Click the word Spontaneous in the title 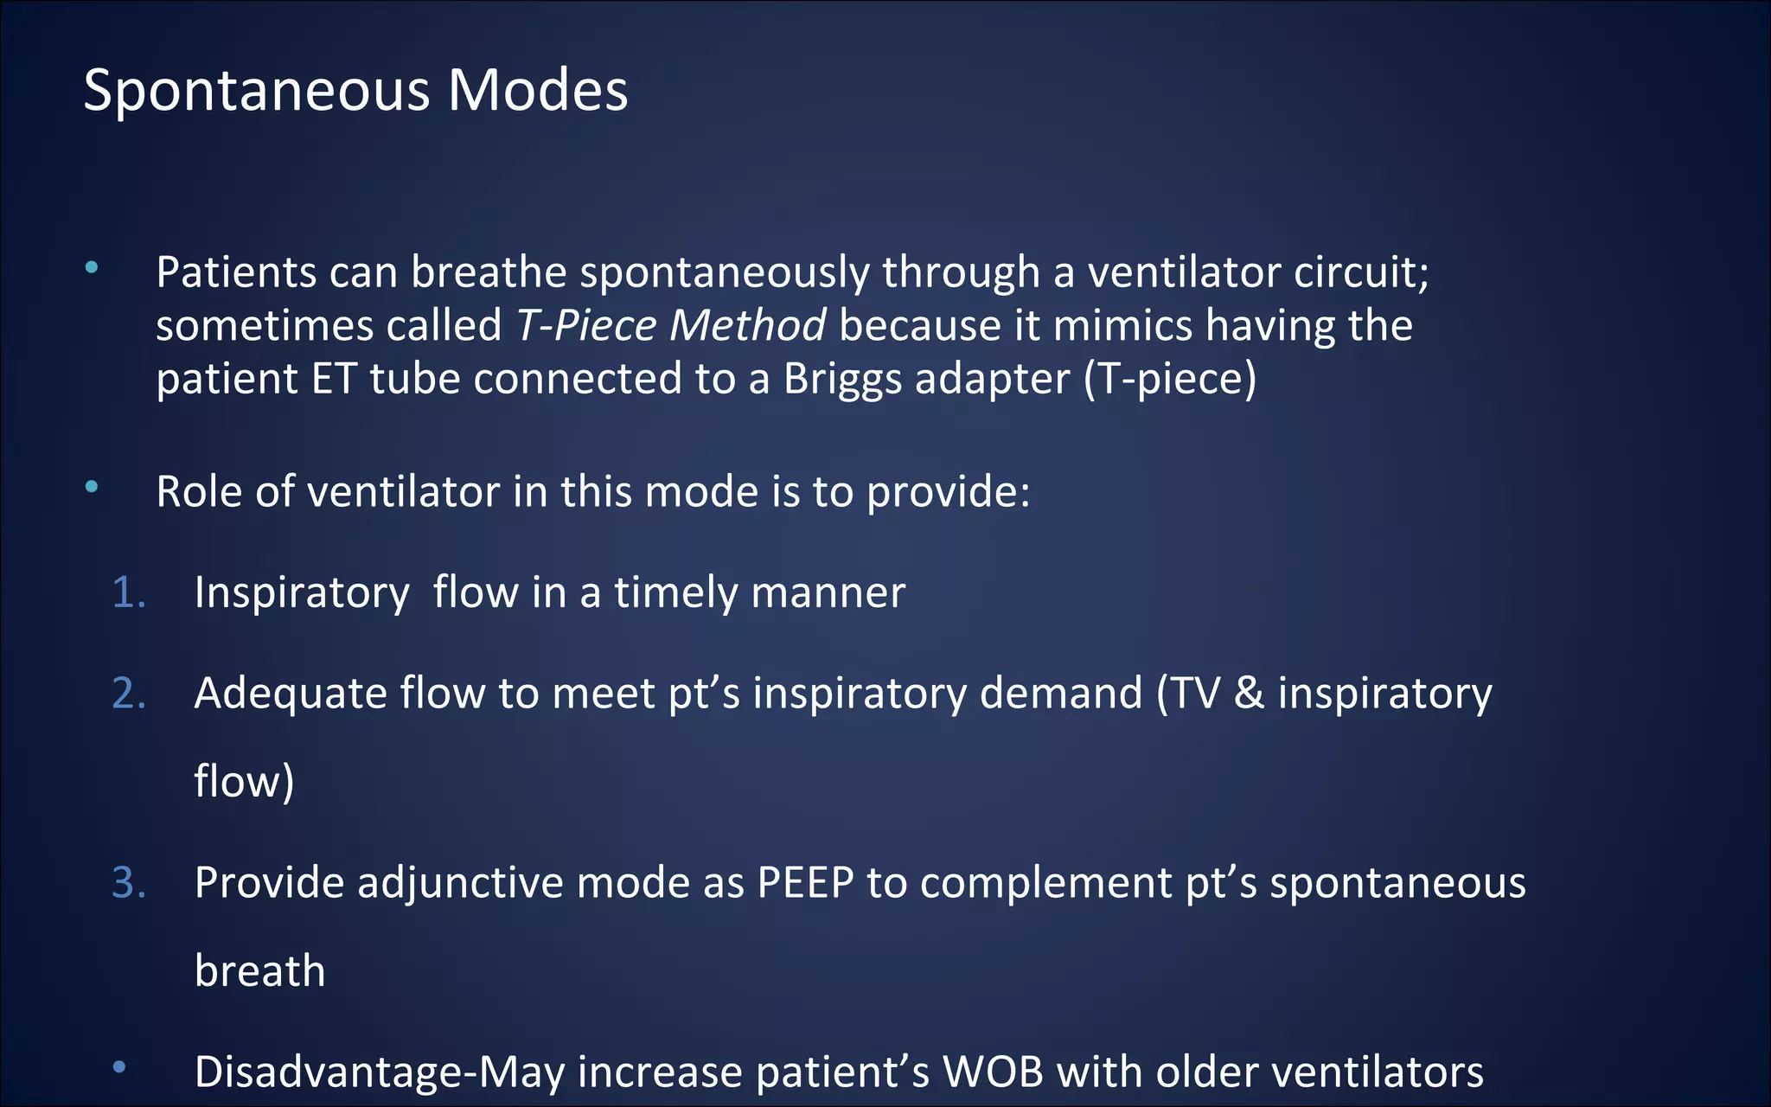pos(257,91)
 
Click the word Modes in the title pos(537,91)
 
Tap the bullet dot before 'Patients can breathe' pos(92,268)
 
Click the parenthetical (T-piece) pos(1169,380)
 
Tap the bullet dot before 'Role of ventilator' pos(92,488)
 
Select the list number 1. pos(128,593)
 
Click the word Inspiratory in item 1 pos(302,594)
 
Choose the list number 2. pos(128,694)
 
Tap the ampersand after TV pos(1248,694)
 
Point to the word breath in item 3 pos(259,971)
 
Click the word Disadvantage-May pos(380,1072)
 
